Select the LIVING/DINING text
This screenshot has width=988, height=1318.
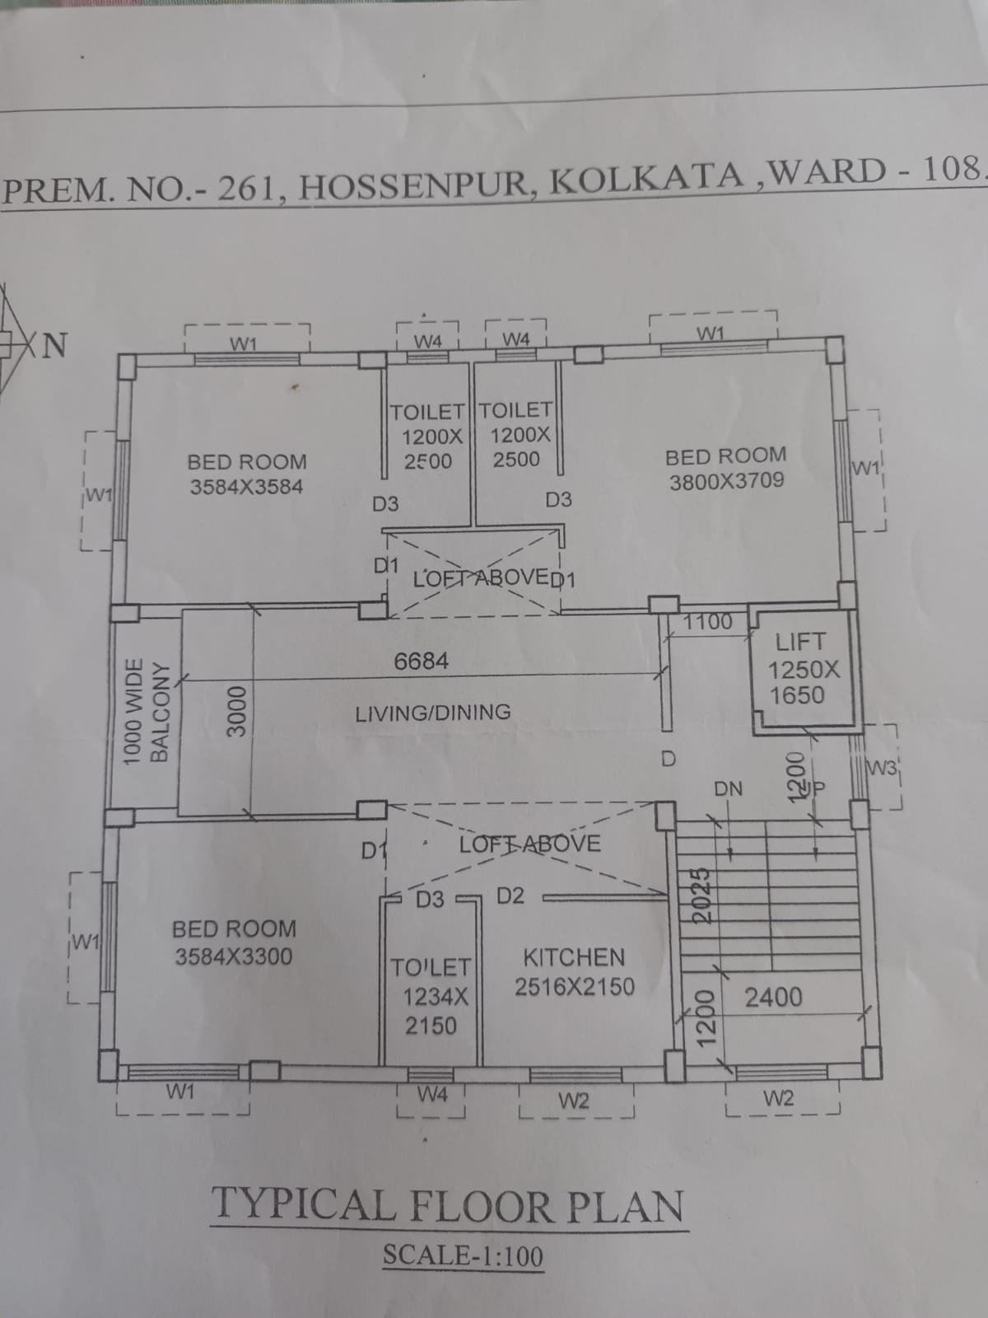(x=433, y=713)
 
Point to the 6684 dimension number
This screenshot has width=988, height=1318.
(x=421, y=661)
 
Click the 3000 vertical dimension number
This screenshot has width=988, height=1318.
(x=238, y=712)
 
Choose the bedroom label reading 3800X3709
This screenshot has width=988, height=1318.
(x=726, y=469)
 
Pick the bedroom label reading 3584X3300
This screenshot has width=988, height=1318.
(x=234, y=942)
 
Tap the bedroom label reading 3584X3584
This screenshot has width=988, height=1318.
(x=246, y=474)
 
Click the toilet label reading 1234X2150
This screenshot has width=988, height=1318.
(x=431, y=996)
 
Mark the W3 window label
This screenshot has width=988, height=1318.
(x=882, y=768)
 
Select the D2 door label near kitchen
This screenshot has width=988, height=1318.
(x=510, y=896)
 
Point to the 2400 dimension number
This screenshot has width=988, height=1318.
(x=773, y=998)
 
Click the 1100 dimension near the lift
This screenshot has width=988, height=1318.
(x=708, y=622)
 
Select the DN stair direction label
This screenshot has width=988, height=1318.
(x=729, y=788)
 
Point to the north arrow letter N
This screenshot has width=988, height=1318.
(x=54, y=345)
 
